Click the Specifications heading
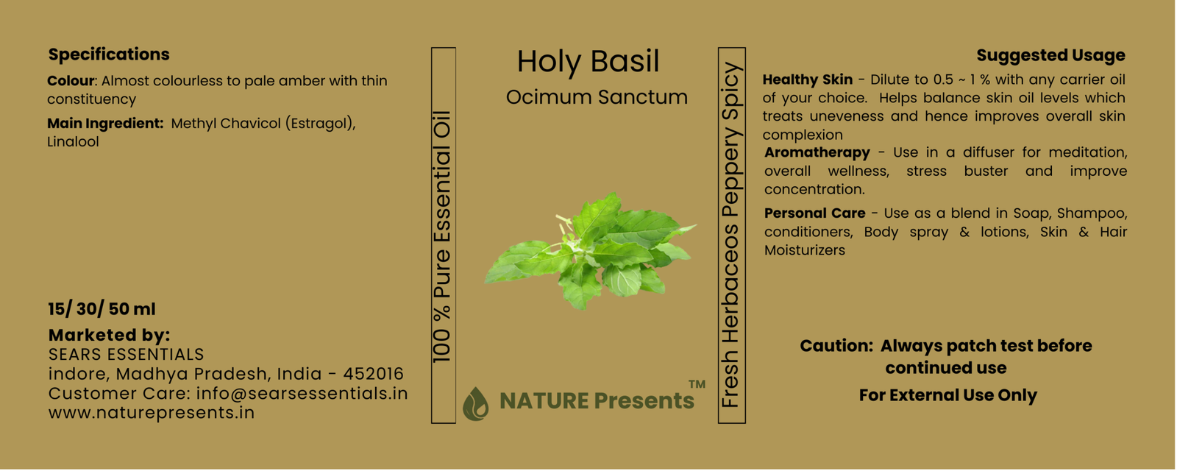(x=109, y=54)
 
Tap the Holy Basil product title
(x=588, y=61)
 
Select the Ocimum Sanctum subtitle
(x=597, y=97)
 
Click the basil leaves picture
(x=590, y=251)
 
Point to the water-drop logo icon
(x=475, y=404)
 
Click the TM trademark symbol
(x=697, y=384)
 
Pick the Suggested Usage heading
(x=1051, y=54)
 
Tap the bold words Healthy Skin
(x=808, y=79)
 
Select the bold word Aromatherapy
(x=817, y=153)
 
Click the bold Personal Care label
(x=814, y=213)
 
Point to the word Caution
(x=836, y=346)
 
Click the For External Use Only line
(x=948, y=395)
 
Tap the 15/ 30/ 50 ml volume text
(x=102, y=309)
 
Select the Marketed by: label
(x=110, y=335)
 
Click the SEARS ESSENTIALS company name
(x=126, y=354)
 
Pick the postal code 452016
(x=373, y=374)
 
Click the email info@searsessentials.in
(x=302, y=393)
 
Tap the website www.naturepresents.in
(x=152, y=413)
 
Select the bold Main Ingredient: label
(x=106, y=124)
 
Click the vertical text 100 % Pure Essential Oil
(x=442, y=236)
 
